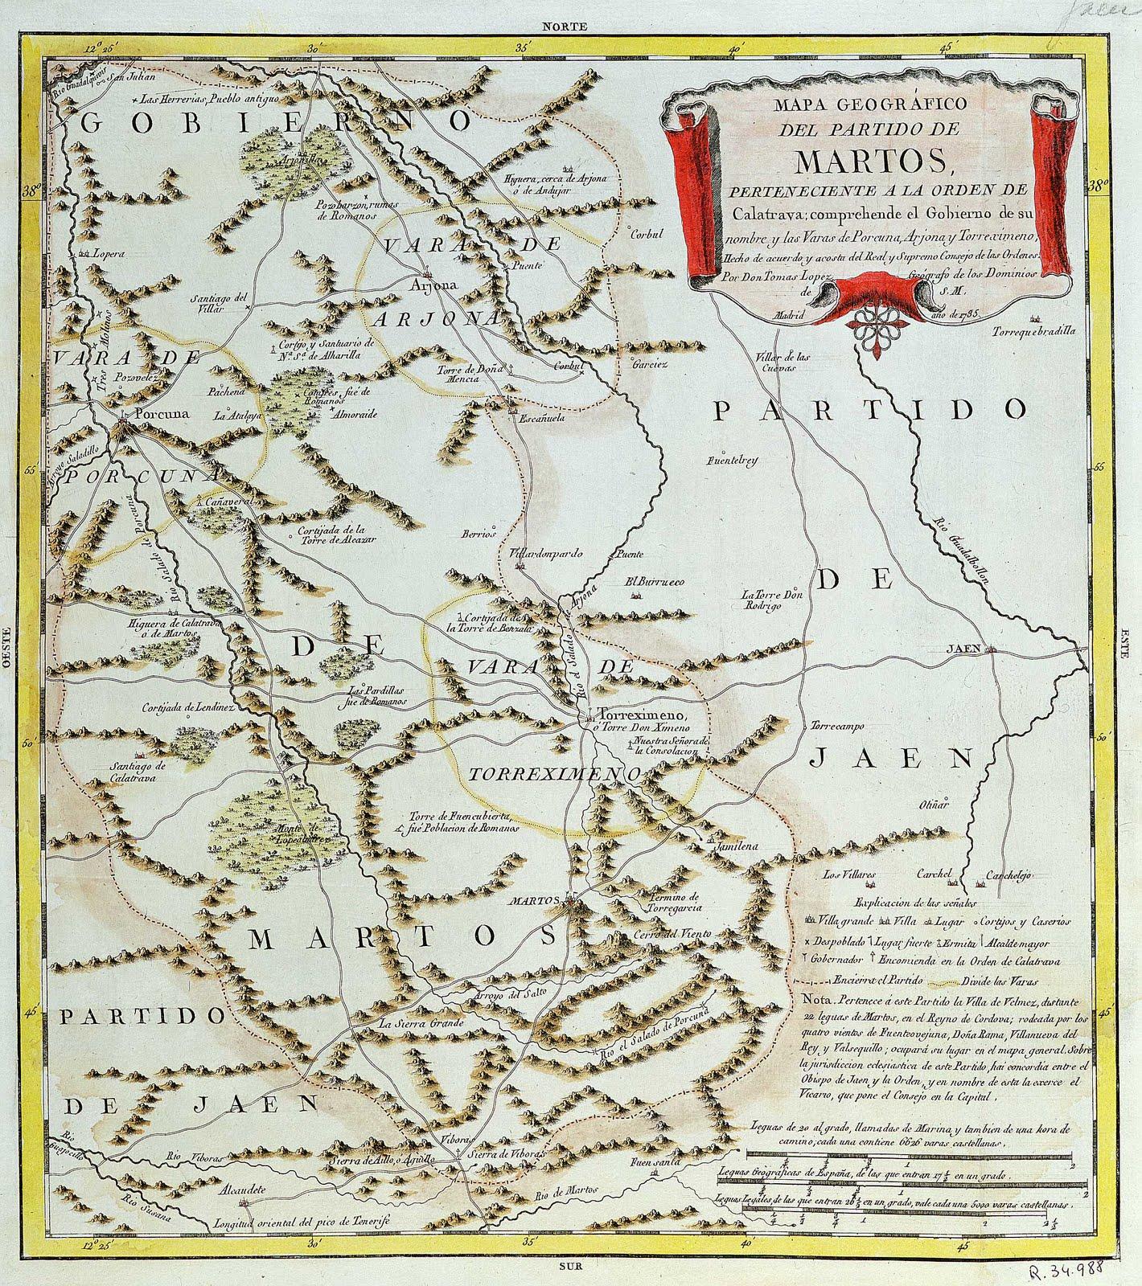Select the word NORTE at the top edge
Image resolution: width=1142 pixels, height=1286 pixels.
click(565, 26)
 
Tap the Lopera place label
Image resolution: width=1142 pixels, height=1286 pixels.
click(110, 253)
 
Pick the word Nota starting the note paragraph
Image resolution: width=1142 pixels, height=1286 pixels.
click(820, 1002)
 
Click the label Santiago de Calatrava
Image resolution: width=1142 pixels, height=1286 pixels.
click(134, 772)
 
